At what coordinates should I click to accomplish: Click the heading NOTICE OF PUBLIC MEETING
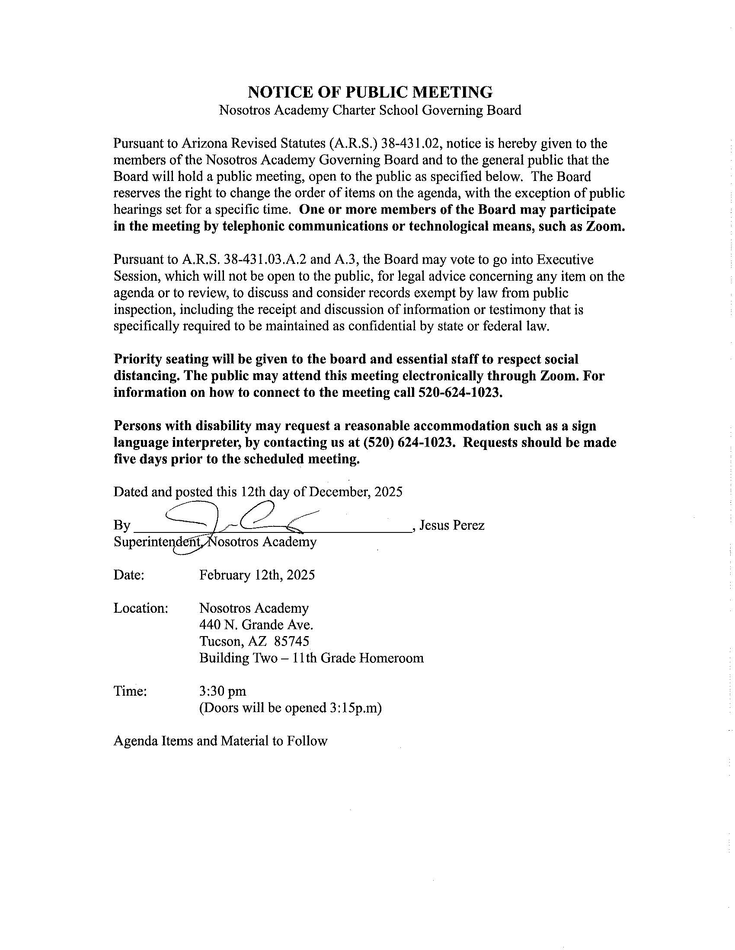[x=370, y=92]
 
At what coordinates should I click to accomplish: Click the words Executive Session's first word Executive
[x=564, y=260]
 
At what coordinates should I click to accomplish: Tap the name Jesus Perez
[x=451, y=526]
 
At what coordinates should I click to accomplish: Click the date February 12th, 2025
[x=257, y=575]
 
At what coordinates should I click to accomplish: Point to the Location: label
[x=141, y=608]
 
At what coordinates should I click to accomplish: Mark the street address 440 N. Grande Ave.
[x=256, y=625]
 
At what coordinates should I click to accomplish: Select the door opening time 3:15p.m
[x=352, y=708]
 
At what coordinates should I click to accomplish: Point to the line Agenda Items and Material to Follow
[x=220, y=741]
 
